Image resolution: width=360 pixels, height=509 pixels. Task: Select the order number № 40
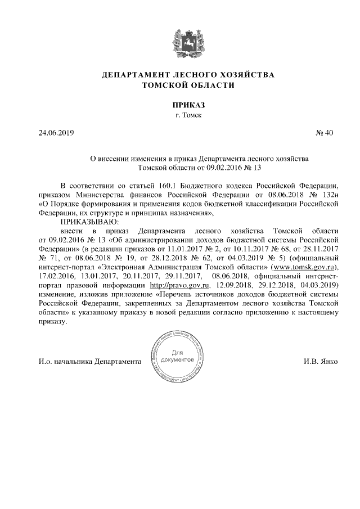tap(325, 133)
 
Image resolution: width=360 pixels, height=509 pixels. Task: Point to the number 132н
tap(327, 195)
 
